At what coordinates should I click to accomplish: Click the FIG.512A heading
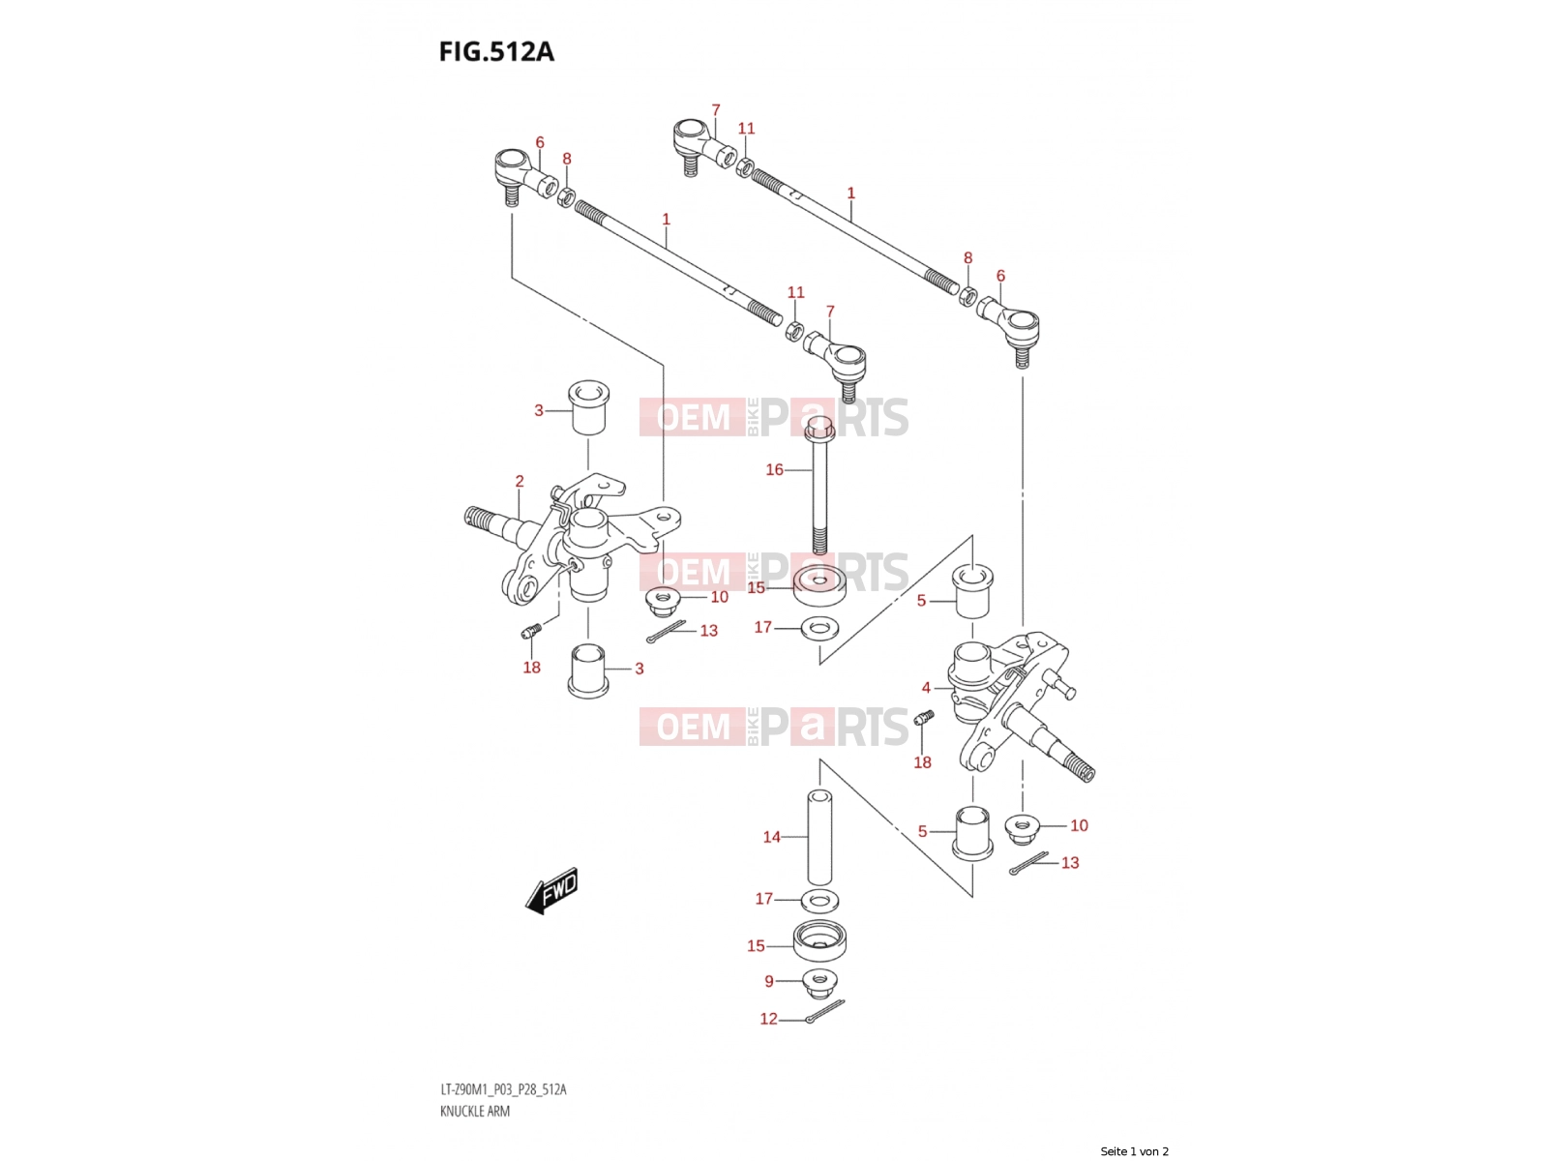pos(495,51)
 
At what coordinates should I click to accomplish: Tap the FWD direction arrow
pos(551,890)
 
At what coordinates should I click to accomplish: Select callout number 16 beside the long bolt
pos(774,469)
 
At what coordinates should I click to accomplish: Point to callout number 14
pos(771,837)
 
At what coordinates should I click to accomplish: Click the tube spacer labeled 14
pos(819,838)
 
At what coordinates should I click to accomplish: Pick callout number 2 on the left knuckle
pos(520,481)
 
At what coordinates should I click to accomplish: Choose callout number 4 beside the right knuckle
pos(926,687)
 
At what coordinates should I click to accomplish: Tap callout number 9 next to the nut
pos(769,981)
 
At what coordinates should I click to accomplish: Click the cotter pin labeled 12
pos(825,1011)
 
